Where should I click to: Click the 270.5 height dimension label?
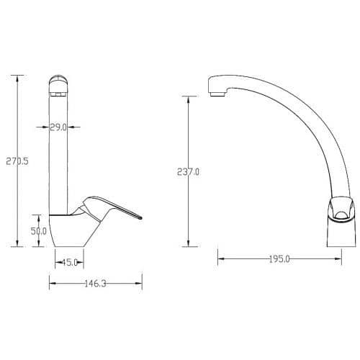point(17,161)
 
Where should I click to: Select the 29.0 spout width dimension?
point(58,127)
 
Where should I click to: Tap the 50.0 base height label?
point(39,231)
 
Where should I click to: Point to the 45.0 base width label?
point(70,262)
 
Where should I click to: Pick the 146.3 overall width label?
point(95,284)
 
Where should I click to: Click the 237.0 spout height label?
point(188,172)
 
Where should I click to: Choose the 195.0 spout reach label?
point(279,259)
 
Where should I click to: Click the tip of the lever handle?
point(141,218)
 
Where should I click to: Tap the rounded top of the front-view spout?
point(58,80)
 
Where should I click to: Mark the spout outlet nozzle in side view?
point(217,94)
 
